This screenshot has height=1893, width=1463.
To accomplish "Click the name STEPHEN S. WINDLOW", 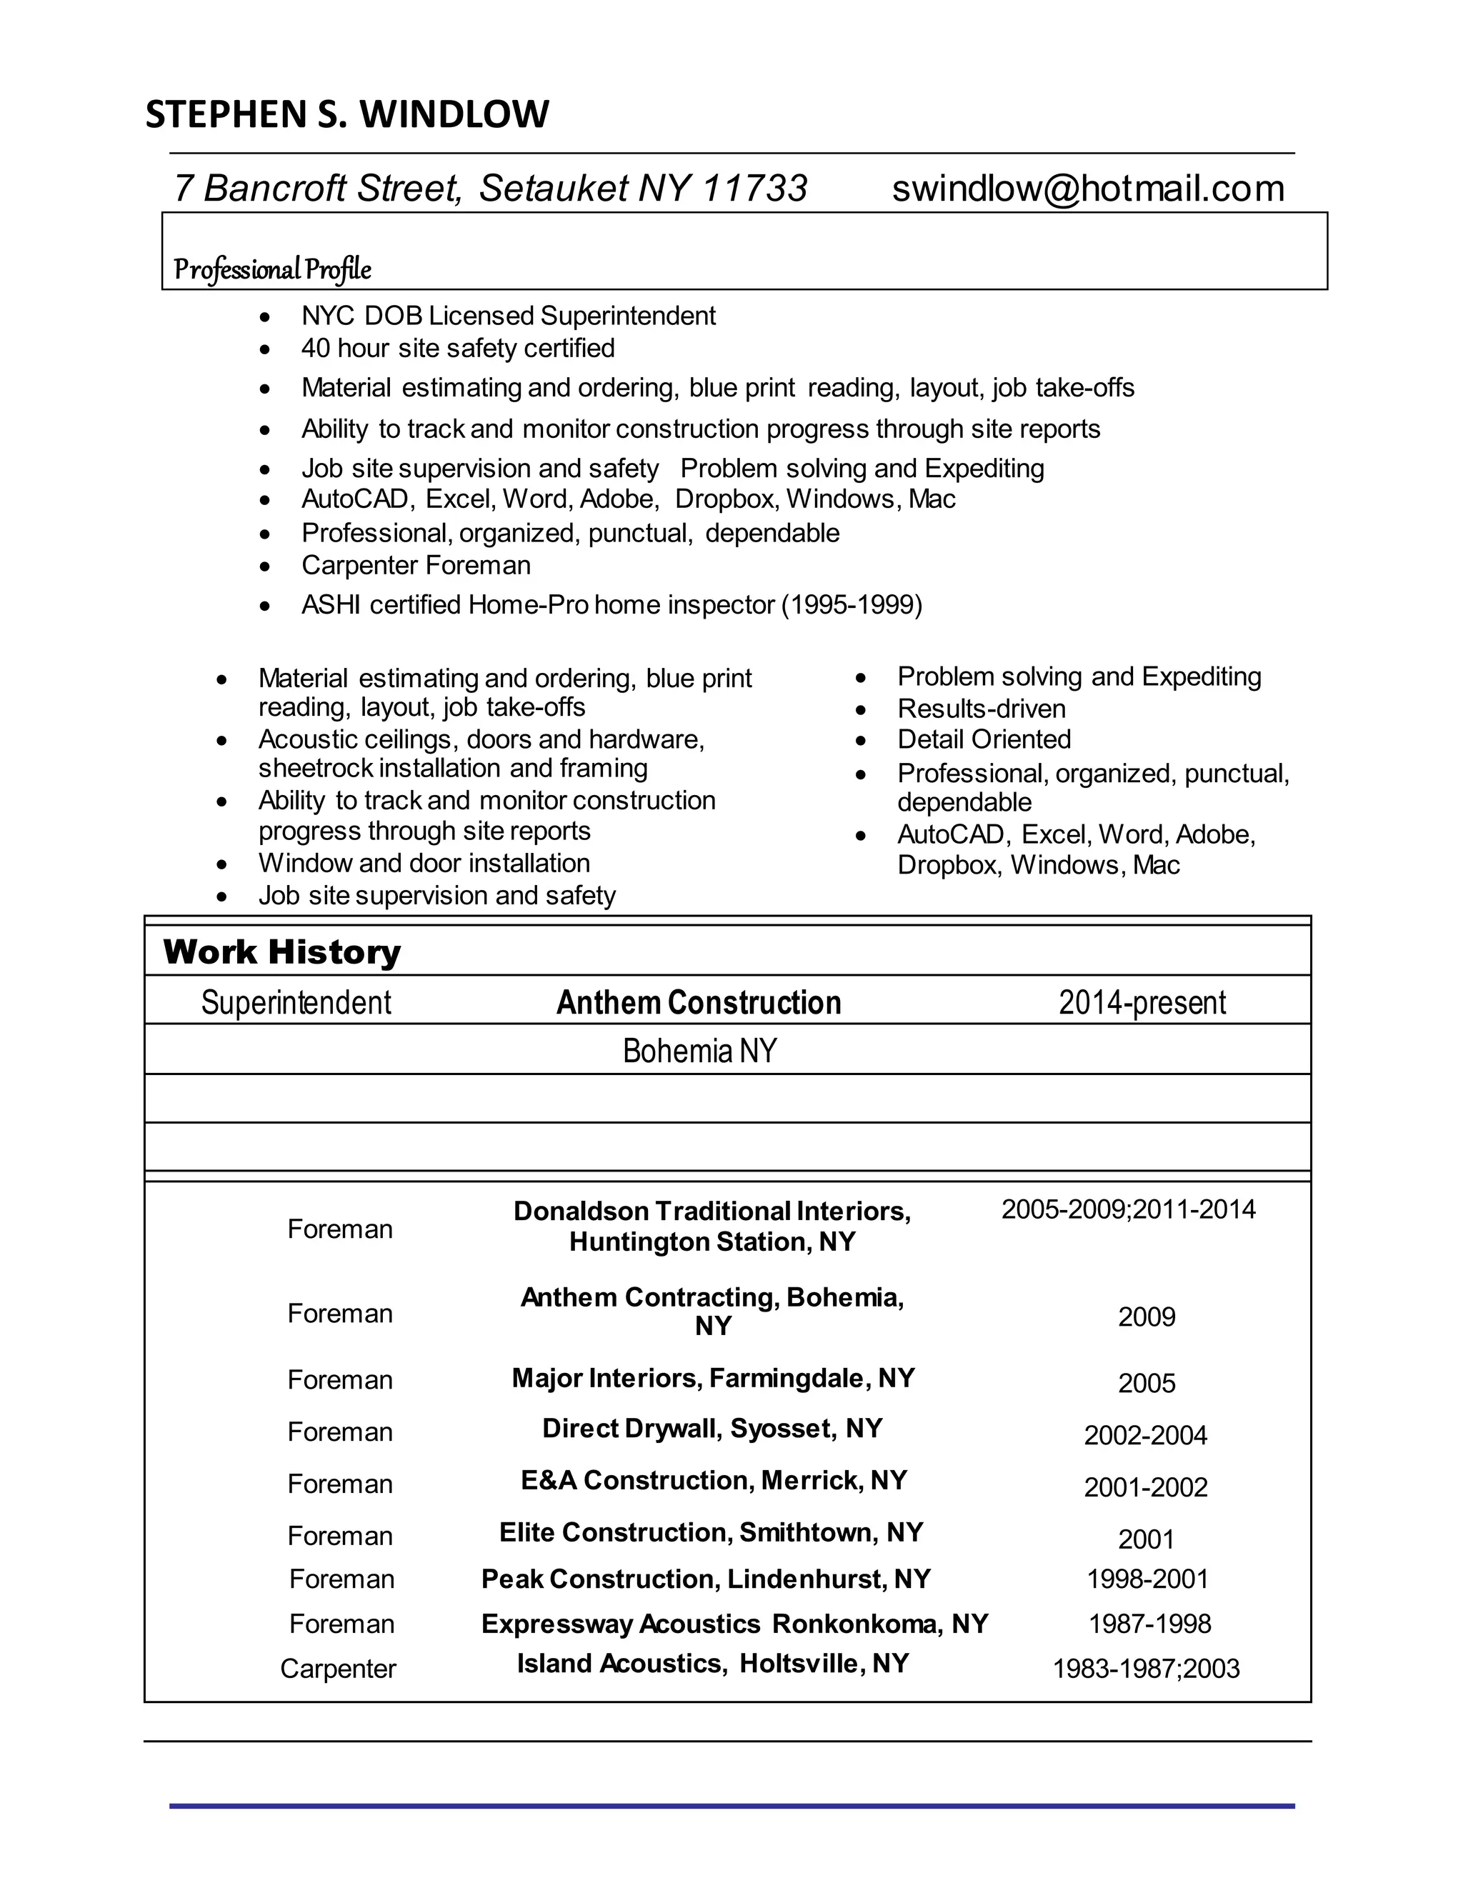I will pyautogui.click(x=346, y=114).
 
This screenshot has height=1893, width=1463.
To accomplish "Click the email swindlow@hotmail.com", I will pyautogui.click(x=1088, y=188).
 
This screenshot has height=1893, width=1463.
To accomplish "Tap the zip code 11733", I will pyautogui.click(x=754, y=188).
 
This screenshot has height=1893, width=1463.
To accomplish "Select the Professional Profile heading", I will pyautogui.click(x=272, y=269).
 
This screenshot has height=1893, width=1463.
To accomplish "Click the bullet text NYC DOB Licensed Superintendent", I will pyautogui.click(x=508, y=316).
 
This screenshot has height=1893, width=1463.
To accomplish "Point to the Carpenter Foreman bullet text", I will pyautogui.click(x=416, y=565).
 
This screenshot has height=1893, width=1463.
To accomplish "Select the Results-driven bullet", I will pyautogui.click(x=981, y=708).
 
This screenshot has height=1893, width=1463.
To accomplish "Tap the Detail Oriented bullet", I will pyautogui.click(x=984, y=739).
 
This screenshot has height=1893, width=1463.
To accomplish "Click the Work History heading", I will pyautogui.click(x=281, y=952).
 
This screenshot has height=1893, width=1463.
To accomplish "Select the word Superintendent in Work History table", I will pyautogui.click(x=296, y=1002).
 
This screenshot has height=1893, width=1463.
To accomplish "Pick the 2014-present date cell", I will pyautogui.click(x=1142, y=1002).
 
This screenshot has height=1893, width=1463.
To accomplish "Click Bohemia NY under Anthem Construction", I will pyautogui.click(x=699, y=1051).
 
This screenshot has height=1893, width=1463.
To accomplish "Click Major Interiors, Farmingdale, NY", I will pyautogui.click(x=712, y=1377).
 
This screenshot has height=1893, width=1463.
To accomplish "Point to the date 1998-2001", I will pyautogui.click(x=1147, y=1579).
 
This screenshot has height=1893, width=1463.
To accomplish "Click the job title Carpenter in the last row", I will pyautogui.click(x=338, y=1669).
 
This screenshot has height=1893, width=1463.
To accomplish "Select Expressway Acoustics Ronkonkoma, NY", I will pyautogui.click(x=734, y=1624).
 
